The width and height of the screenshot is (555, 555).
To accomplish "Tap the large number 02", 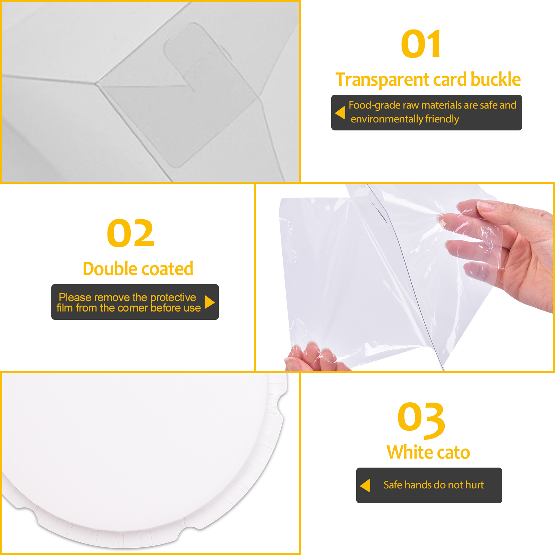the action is pyautogui.click(x=130, y=233).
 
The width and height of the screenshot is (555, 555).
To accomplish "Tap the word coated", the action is pyautogui.click(x=167, y=269).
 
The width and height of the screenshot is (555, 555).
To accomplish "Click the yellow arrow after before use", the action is pyautogui.click(x=210, y=302).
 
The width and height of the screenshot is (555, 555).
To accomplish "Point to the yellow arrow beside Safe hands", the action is pyautogui.click(x=365, y=485).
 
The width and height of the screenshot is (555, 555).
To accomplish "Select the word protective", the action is pyautogui.click(x=173, y=298).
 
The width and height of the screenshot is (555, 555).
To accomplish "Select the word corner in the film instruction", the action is pyautogui.click(x=133, y=308).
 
